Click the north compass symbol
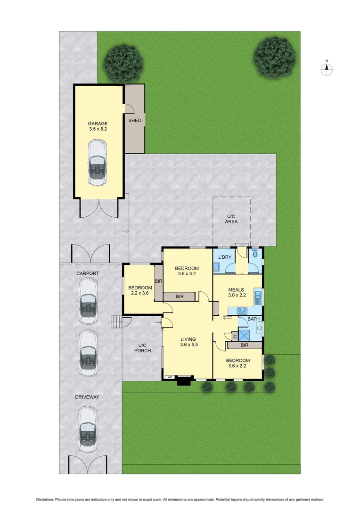coord(327,69)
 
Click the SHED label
coord(135,121)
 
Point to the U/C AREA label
coord(231,218)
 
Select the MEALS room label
coord(236,290)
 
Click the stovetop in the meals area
coord(242,311)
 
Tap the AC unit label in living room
coord(169,377)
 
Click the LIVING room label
coord(188,339)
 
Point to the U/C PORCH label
coord(141,347)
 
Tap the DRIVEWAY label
coord(87,397)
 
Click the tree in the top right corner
coord(275,57)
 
